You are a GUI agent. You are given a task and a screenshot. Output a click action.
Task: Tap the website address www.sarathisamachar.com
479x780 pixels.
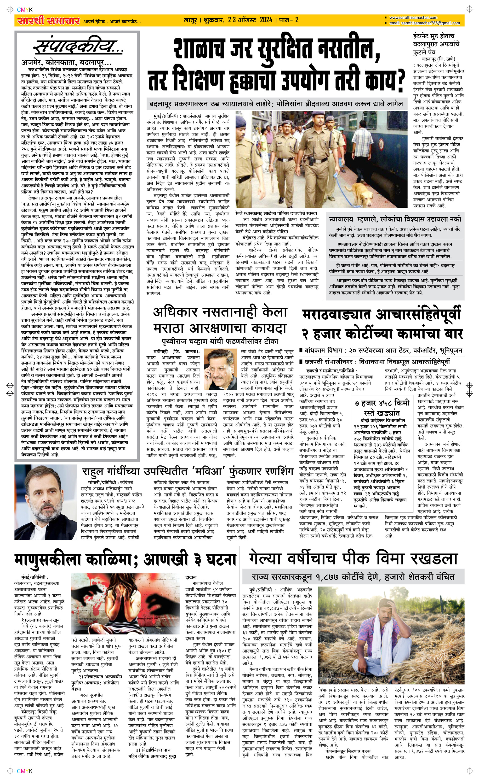click(x=413, y=18)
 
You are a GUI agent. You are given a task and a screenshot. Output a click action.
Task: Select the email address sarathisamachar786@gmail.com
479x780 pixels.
click(x=424, y=23)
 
